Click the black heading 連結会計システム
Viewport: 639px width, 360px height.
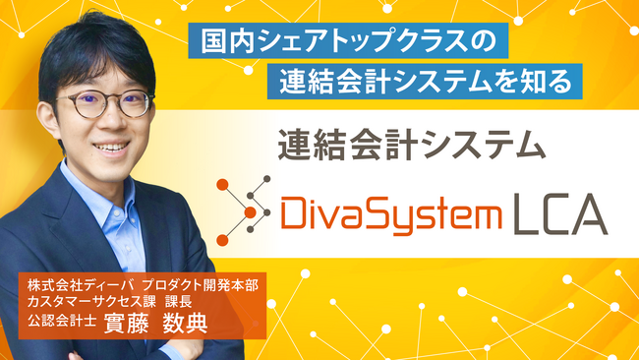point(411,144)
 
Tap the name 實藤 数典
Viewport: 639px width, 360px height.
point(156,324)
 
